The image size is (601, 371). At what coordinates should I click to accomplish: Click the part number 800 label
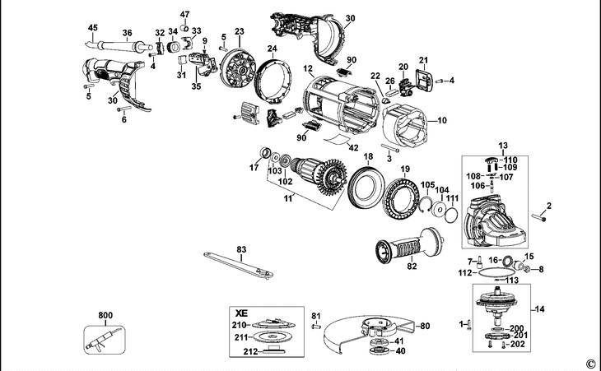pos(105,316)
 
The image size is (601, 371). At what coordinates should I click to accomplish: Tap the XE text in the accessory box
pos(241,313)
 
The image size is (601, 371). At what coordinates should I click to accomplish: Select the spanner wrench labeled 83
pos(238,265)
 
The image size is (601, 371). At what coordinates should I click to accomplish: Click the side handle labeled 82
pos(409,246)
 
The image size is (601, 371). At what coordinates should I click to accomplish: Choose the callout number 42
pos(353,148)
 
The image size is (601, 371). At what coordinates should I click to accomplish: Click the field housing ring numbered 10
pos(407,126)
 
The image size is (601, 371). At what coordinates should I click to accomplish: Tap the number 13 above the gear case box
pos(503,146)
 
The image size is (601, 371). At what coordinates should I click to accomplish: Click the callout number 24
pos(273,49)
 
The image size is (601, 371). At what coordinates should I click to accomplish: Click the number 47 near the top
pos(184,15)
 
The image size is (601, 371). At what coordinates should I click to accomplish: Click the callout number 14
pos(540,309)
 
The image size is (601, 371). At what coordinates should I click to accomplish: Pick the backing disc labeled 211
pos(273,337)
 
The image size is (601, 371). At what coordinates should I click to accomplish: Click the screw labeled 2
pos(538,217)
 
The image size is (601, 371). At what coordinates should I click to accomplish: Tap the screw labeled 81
pos(315,327)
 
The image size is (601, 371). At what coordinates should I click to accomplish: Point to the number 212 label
pos(250,350)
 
